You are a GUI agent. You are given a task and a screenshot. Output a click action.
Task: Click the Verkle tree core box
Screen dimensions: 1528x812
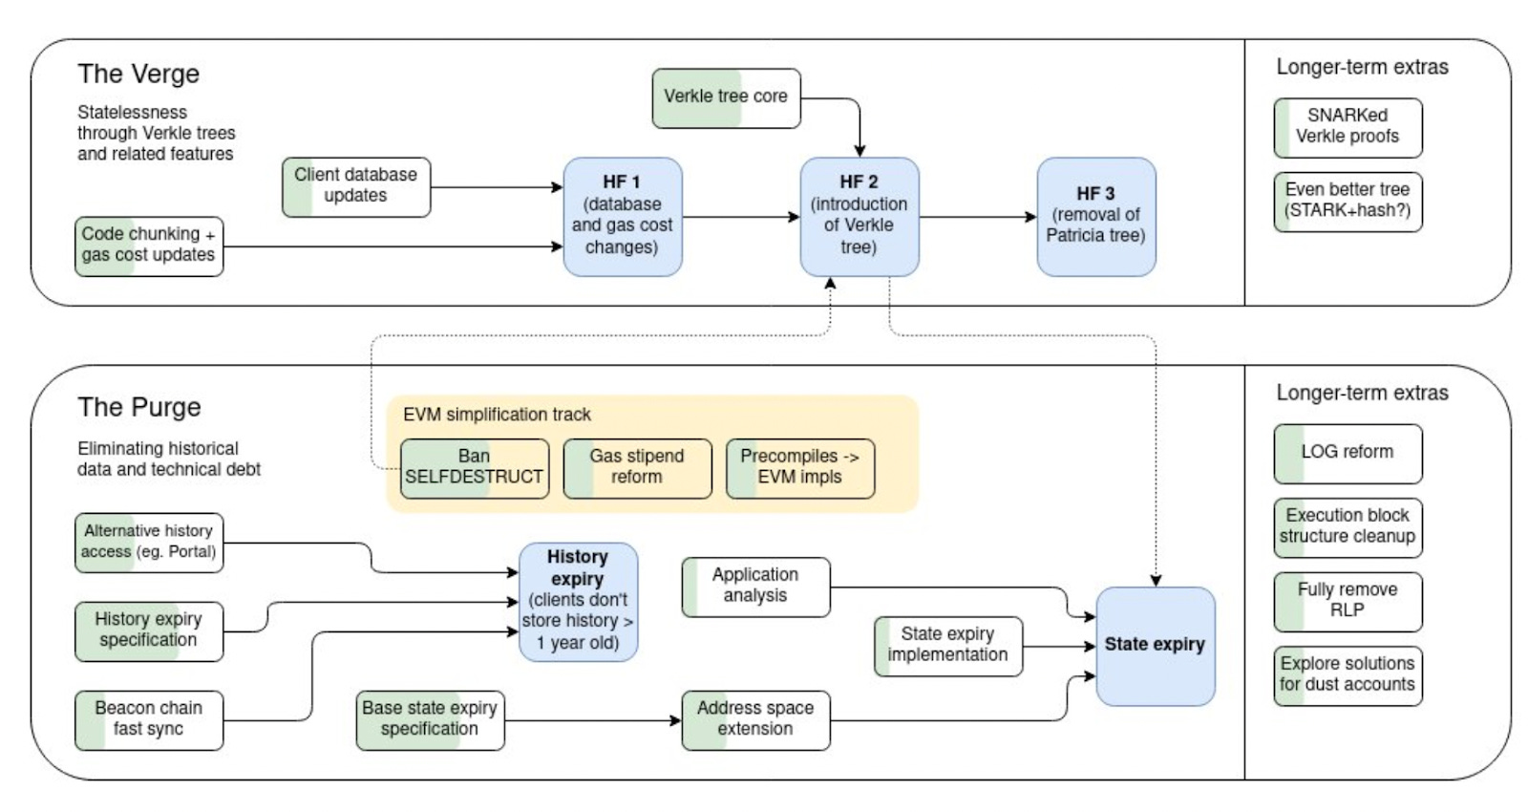[727, 98]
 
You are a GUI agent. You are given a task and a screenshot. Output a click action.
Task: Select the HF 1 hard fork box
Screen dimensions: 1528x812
[623, 217]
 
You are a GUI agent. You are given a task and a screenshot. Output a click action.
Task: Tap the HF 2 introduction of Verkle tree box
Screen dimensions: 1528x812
[859, 217]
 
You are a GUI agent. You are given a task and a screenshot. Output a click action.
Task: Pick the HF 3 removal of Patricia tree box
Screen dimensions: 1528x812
[1097, 217]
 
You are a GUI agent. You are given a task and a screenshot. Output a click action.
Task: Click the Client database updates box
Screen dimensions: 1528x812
[356, 187]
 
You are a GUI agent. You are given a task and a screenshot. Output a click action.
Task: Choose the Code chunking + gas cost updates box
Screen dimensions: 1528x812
[149, 246]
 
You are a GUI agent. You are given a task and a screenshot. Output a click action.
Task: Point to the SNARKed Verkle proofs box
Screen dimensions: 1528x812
[1348, 128]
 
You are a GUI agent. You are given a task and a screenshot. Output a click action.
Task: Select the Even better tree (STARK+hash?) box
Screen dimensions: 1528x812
[1348, 202]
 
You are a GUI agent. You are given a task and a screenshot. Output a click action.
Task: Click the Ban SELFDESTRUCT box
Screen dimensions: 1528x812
[475, 469]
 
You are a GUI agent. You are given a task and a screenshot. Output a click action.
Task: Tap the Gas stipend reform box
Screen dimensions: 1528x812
[638, 469]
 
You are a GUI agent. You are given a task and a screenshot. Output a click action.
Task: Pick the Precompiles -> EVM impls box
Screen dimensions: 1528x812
[801, 469]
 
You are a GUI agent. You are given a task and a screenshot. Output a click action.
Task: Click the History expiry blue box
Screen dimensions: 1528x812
[579, 602]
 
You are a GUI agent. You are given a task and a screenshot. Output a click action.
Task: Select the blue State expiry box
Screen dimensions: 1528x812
[1156, 646]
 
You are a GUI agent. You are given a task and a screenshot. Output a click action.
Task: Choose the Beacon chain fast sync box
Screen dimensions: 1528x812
[149, 720]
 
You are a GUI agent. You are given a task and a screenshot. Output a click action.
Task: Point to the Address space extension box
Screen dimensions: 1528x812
[755, 720]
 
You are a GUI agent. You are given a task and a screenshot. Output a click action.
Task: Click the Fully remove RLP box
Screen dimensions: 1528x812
[1348, 602]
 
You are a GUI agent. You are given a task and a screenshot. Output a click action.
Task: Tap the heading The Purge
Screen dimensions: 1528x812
[139, 407]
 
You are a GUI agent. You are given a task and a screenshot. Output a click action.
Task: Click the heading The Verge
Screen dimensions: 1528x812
[138, 74]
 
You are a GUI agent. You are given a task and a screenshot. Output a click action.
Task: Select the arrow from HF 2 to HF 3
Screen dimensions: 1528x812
[978, 217]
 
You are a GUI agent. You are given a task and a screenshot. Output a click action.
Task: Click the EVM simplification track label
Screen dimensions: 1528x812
[497, 415]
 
